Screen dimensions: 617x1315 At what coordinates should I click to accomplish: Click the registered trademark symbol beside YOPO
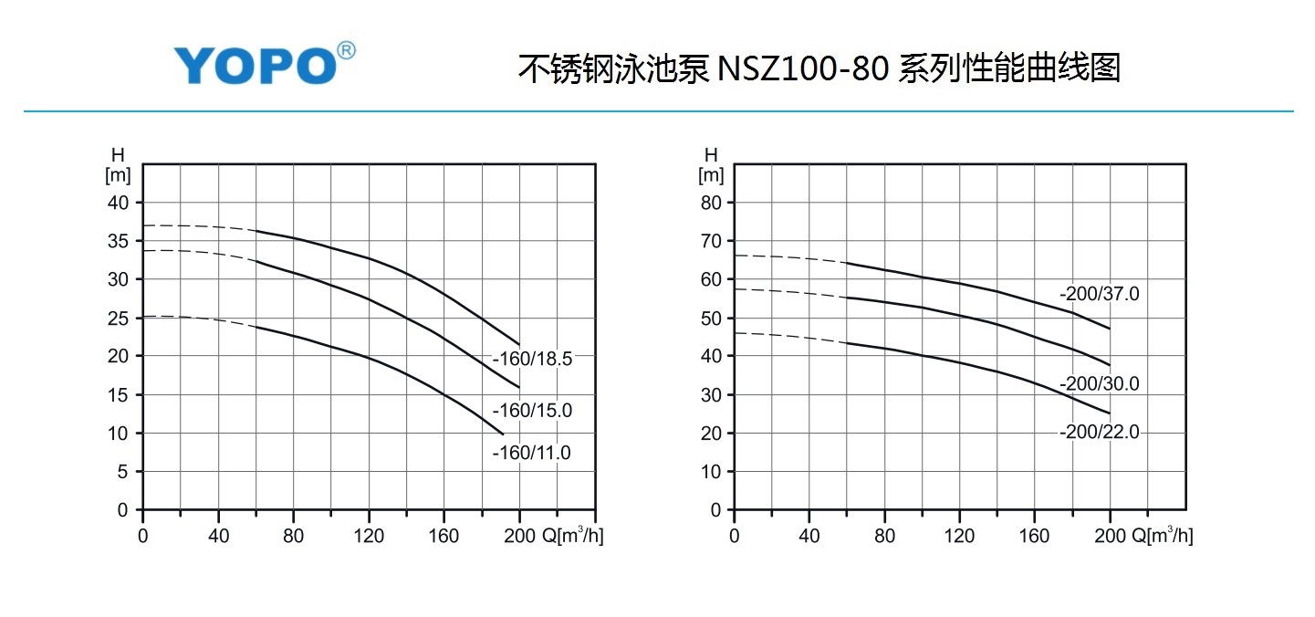tap(346, 51)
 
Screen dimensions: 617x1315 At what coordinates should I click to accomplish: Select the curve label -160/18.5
tap(532, 360)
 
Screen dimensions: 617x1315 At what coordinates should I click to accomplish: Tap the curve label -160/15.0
tap(532, 411)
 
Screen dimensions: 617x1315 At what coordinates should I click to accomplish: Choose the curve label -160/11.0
tap(532, 453)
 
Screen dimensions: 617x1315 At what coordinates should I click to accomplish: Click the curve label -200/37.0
tap(1100, 295)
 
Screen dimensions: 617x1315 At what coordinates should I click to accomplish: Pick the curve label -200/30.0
tap(1100, 384)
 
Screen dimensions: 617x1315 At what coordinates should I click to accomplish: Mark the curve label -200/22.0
tap(1100, 433)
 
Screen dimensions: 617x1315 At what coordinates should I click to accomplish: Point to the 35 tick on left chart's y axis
tap(120, 241)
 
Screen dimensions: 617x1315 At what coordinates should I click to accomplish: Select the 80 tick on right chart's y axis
tap(711, 203)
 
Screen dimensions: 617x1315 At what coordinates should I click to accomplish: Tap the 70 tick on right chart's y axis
tap(711, 241)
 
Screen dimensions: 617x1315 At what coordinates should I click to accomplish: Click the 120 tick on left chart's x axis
tap(369, 536)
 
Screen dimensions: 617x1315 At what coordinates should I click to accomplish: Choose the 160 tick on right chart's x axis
tap(1035, 536)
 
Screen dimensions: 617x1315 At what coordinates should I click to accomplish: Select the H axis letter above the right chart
tap(711, 154)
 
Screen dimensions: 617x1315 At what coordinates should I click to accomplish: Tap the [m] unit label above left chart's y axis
tap(119, 173)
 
